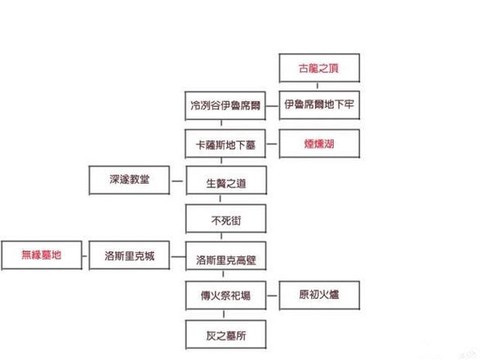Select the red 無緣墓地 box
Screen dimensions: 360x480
[41, 256]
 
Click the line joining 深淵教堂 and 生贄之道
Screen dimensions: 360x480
[177, 180]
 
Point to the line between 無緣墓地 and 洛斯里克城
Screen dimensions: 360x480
[85, 256]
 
